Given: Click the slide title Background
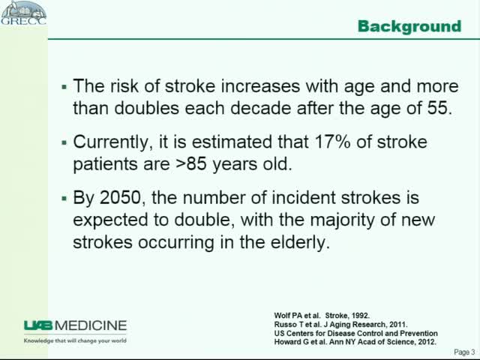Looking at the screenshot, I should [x=409, y=27].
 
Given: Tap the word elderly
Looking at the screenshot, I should [x=301, y=243].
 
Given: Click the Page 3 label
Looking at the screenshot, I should [x=464, y=351].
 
